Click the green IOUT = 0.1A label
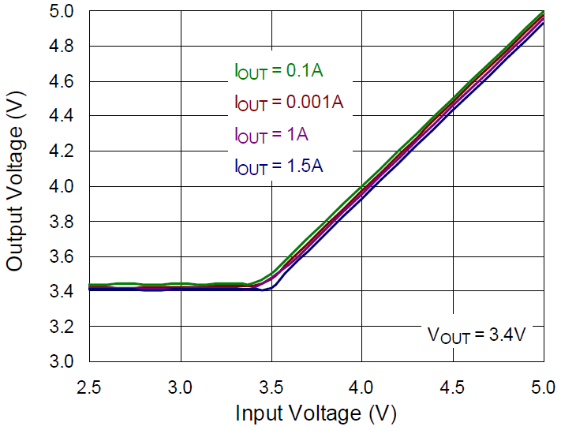[x=279, y=71]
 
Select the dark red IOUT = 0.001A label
[x=289, y=103]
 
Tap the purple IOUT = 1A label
[x=271, y=135]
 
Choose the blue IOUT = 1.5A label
[x=279, y=166]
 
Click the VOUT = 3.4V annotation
[x=477, y=334]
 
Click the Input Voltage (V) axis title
[x=316, y=413]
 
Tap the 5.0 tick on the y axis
[x=64, y=12]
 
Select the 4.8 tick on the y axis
[x=64, y=47]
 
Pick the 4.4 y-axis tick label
[x=64, y=116]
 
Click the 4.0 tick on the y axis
[x=64, y=186]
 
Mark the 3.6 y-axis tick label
[x=64, y=256]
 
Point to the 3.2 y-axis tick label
[x=64, y=326]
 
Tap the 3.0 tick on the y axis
[x=64, y=361]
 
